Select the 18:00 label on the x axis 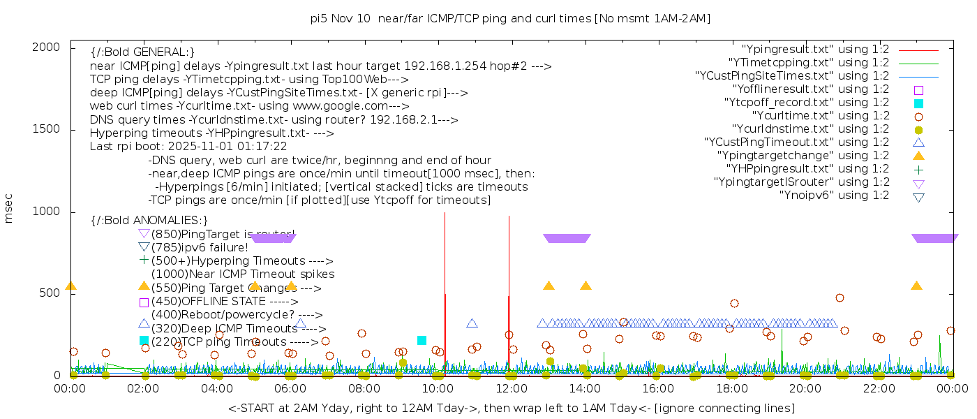(731, 388)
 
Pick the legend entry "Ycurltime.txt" (820, 116)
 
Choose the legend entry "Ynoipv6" (834, 196)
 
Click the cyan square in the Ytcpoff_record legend (918, 103)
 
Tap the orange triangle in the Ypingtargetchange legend (918, 156)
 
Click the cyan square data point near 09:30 (422, 340)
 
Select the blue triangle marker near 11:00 (472, 323)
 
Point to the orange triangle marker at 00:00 (70, 286)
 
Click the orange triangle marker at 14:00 (586, 286)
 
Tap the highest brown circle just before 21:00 (840, 297)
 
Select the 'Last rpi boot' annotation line (188, 147)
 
